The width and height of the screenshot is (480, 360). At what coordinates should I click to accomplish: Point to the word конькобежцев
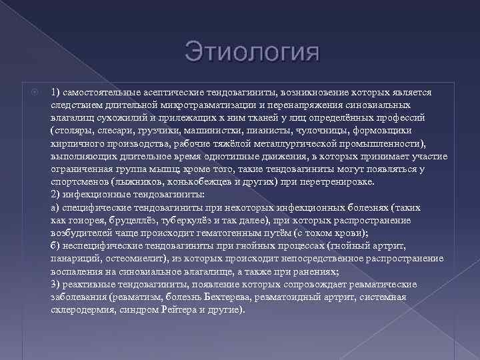[189, 181]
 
